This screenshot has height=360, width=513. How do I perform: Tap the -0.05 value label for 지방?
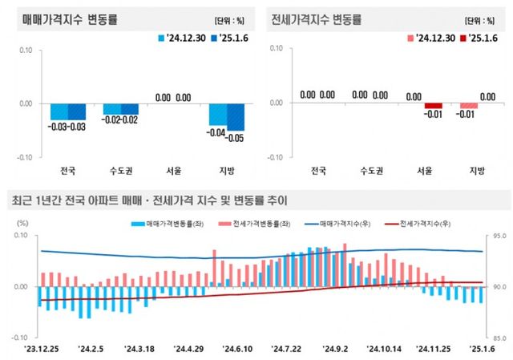[236, 138]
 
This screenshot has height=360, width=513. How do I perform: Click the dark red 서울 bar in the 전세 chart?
[434, 106]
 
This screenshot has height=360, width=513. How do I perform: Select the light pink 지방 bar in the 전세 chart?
[468, 106]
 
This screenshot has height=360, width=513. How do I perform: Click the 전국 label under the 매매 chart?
[69, 170]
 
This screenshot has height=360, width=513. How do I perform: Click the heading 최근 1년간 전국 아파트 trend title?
[147, 200]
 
